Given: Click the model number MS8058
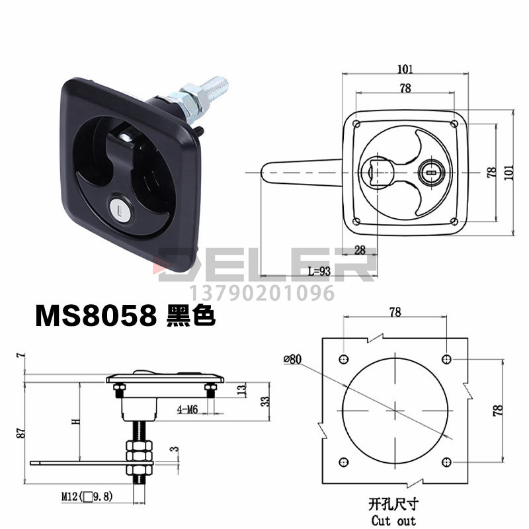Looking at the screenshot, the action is [96, 315].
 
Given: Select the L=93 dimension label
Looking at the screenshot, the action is [319, 271].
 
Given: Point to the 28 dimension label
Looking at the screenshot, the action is [360, 250].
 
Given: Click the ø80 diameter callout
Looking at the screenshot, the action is [292, 359].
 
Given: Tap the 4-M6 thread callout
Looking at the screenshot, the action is [187, 409].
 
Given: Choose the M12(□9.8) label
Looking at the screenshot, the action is [87, 497].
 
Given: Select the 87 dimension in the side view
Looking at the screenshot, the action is [20, 433].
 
